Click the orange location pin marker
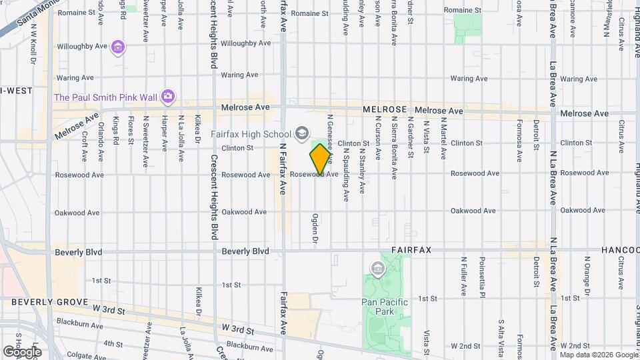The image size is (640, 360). (x=320, y=159)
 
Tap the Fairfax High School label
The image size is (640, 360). (x=251, y=133)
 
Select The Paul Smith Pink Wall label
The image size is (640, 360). (x=105, y=97)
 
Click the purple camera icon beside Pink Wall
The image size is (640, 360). (x=168, y=97)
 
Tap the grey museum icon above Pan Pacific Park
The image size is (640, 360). (x=378, y=269)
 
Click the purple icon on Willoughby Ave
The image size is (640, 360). (x=118, y=47)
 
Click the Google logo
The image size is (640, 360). (x=22, y=351)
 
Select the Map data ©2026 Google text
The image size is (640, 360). (x=598, y=354)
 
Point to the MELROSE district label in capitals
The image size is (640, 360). (x=385, y=109)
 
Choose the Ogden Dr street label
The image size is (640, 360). (x=314, y=229)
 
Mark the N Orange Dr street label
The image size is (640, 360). (x=587, y=274)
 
